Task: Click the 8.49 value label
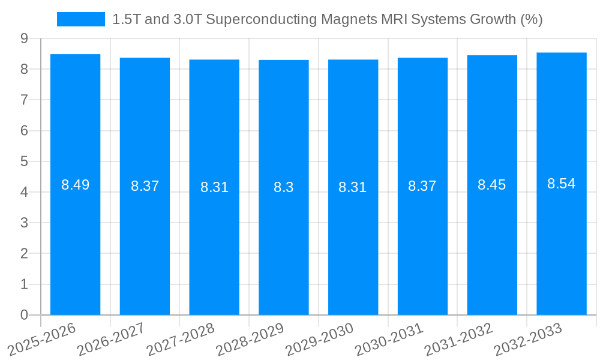[x=75, y=185]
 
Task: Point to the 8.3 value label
[x=284, y=187]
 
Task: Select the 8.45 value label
[x=492, y=185]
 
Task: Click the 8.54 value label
[x=562, y=184]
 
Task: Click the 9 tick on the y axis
[x=24, y=38]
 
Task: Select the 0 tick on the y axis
[x=24, y=315]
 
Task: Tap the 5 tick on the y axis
[x=24, y=161]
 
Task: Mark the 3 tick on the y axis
[x=24, y=223]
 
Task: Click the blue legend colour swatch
[x=80, y=19]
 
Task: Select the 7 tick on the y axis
[x=24, y=100]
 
